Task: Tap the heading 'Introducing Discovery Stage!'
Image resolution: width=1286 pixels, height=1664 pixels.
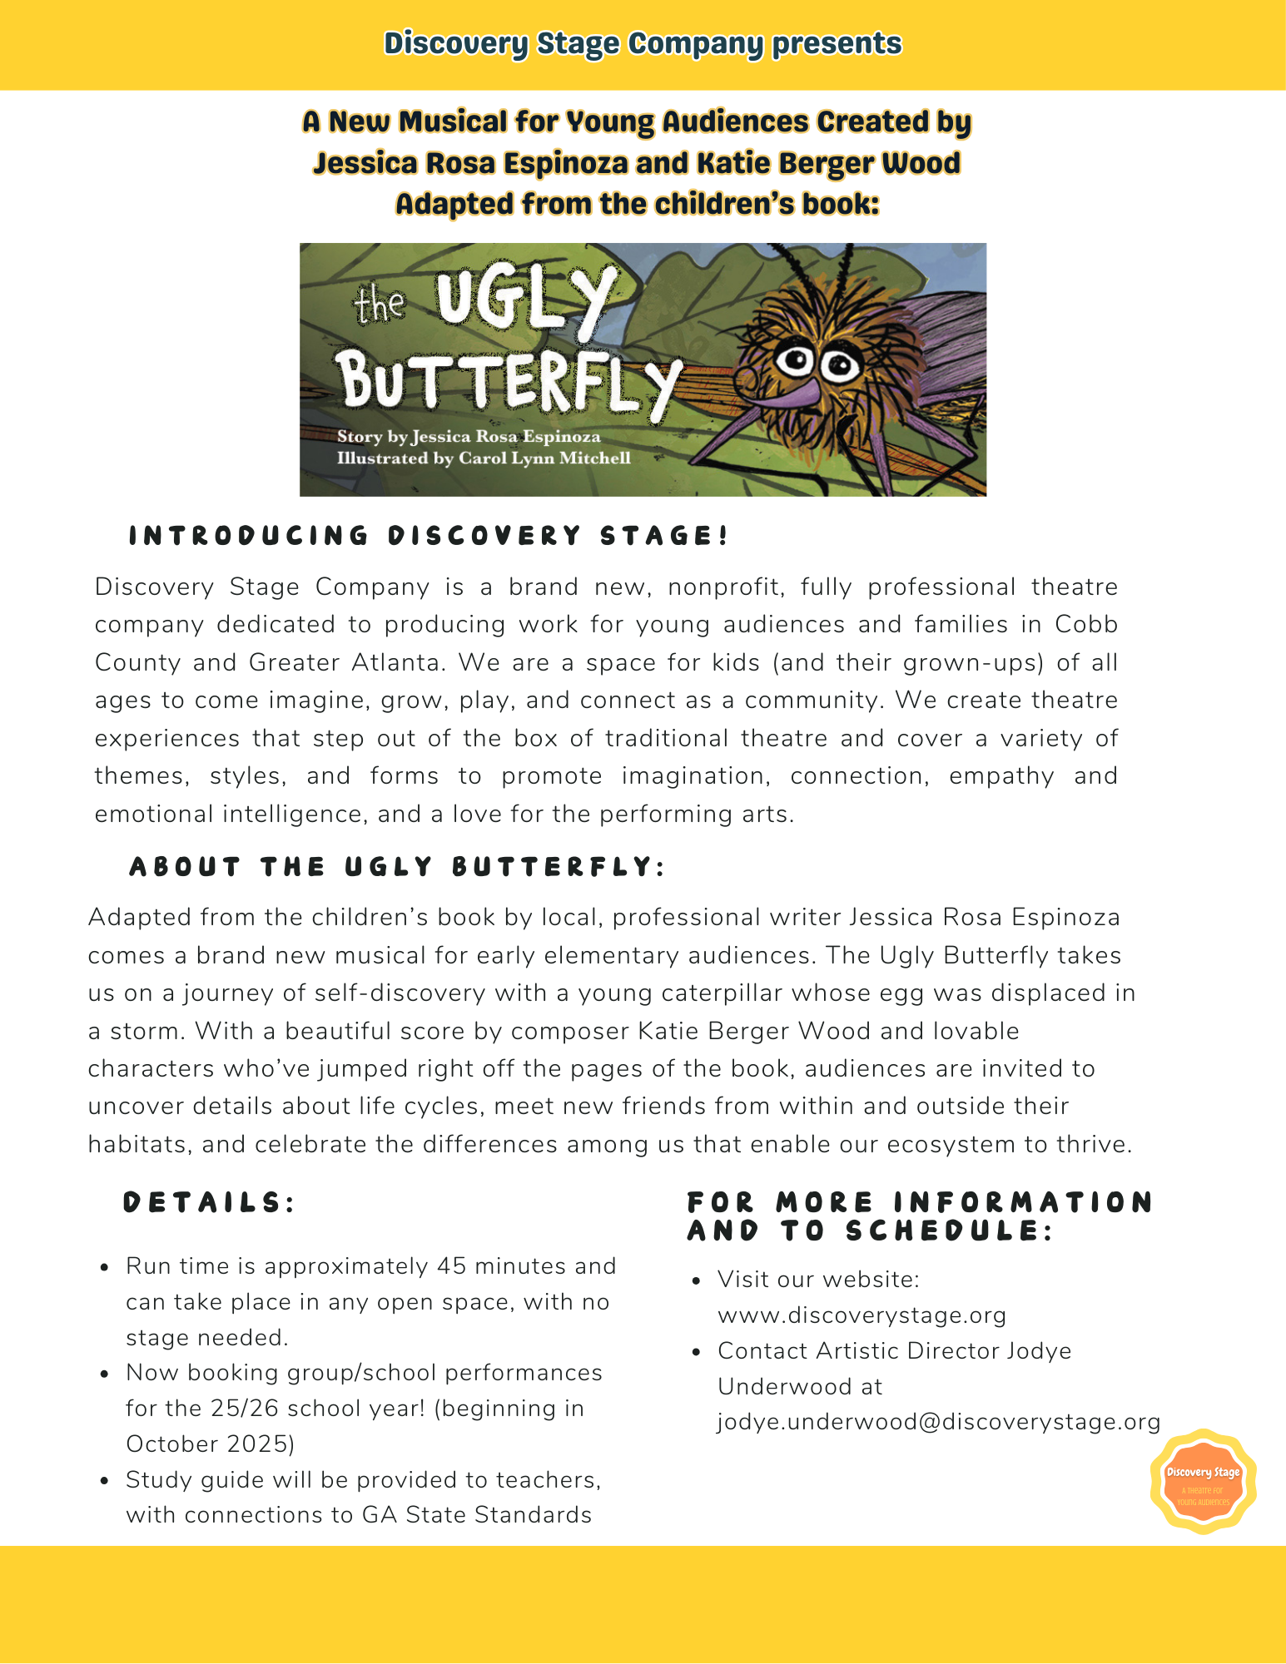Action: (429, 536)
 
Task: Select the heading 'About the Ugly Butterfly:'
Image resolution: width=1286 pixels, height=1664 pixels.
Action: (397, 867)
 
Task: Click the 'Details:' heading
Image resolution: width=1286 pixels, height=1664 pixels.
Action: (209, 1202)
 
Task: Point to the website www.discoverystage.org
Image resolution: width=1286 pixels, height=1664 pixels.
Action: (861, 1315)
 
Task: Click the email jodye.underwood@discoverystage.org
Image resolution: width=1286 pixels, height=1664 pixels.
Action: (938, 1422)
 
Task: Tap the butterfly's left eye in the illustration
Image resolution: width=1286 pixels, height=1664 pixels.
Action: (796, 360)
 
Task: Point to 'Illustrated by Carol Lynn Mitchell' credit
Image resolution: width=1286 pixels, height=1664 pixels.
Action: (484, 458)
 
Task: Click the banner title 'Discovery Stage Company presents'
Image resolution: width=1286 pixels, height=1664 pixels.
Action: (643, 43)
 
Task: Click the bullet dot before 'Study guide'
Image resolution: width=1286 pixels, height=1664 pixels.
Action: (104, 1481)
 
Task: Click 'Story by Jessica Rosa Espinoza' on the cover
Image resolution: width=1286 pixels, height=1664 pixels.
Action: (469, 437)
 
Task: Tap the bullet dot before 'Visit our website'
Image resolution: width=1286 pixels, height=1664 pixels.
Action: (697, 1280)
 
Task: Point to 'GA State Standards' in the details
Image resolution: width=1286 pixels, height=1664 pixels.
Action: (476, 1515)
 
